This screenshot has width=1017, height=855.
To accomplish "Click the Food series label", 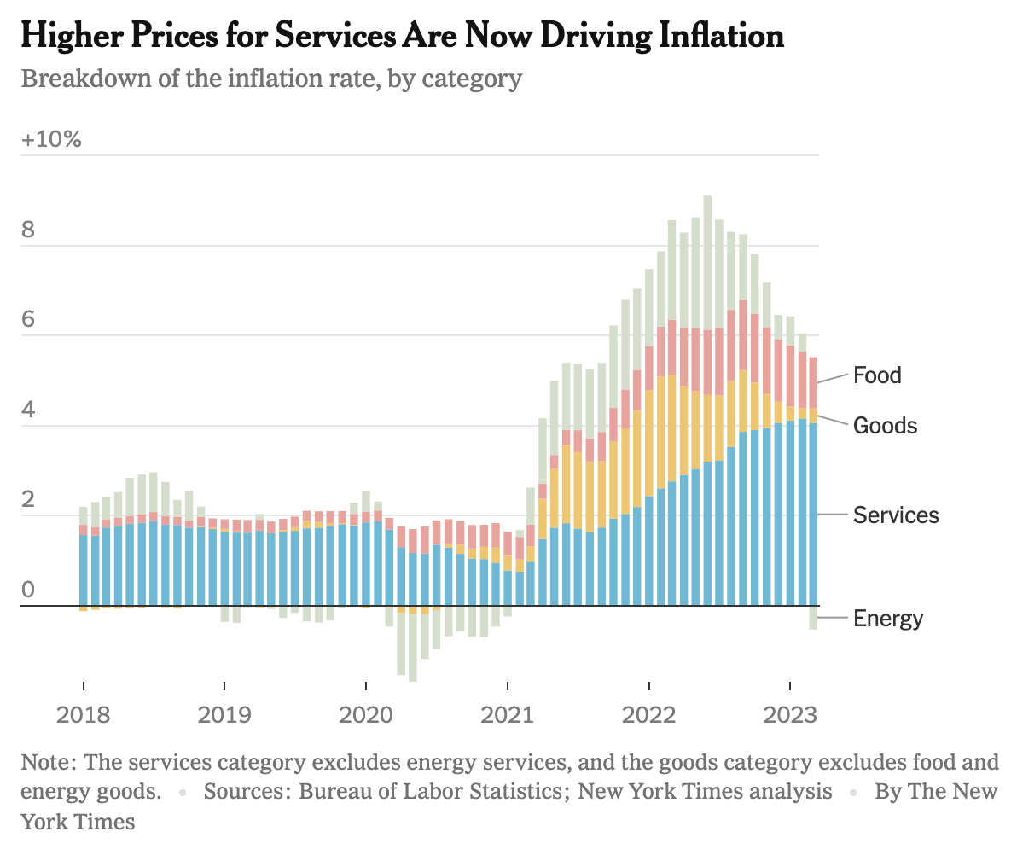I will (x=877, y=375).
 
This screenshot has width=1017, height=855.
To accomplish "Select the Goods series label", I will (x=885, y=426).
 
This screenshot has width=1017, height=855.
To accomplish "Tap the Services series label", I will (x=896, y=515).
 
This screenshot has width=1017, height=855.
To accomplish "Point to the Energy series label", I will (x=888, y=618).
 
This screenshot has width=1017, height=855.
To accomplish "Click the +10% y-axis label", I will (x=51, y=139).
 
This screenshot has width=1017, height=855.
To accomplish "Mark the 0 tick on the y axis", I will (x=28, y=590).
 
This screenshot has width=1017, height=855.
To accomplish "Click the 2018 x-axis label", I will (x=83, y=713).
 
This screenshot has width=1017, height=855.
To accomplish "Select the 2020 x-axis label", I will (x=365, y=713).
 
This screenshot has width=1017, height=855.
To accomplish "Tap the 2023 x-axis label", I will (x=789, y=713).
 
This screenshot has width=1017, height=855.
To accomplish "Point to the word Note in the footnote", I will (x=48, y=762).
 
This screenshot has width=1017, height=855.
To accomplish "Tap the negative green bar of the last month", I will (x=813, y=618).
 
